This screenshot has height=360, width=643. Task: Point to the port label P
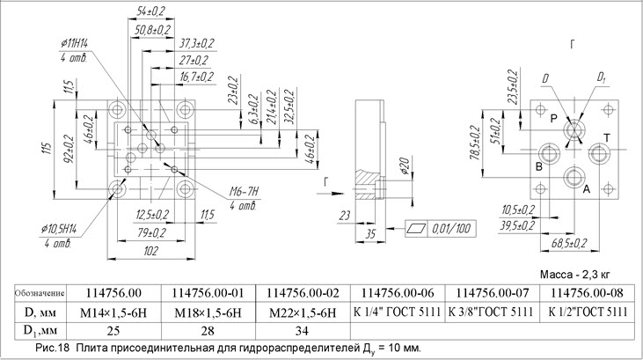(x=552, y=118)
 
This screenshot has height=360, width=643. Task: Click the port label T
(x=606, y=137)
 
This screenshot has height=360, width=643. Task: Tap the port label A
(x=586, y=188)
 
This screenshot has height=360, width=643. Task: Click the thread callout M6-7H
(x=220, y=193)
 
